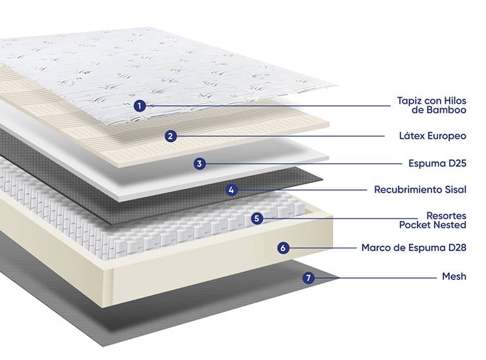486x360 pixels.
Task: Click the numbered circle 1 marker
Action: tap(140, 106)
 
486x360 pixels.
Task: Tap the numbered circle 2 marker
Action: tap(170, 136)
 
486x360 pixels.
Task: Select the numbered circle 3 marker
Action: tap(200, 163)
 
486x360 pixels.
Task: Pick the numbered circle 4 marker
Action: tap(231, 190)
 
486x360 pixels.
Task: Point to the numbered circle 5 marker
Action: tap(257, 219)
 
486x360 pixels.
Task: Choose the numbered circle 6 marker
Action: tap(283, 248)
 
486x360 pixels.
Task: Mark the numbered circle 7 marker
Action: tap(308, 278)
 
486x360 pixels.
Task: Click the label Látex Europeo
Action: tap(433, 136)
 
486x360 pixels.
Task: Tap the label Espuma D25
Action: tap(437, 163)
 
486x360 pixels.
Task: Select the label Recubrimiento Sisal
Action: tap(421, 189)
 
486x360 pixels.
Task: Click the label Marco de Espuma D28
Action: tap(414, 248)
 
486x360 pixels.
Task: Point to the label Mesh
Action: tap(454, 276)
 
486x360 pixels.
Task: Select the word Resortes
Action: tap(446, 216)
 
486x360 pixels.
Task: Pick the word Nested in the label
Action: tap(451, 224)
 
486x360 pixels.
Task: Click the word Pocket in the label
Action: tap(416, 224)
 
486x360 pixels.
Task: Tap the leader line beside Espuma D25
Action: tap(304, 163)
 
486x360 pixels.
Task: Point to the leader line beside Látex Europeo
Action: tap(281, 136)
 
